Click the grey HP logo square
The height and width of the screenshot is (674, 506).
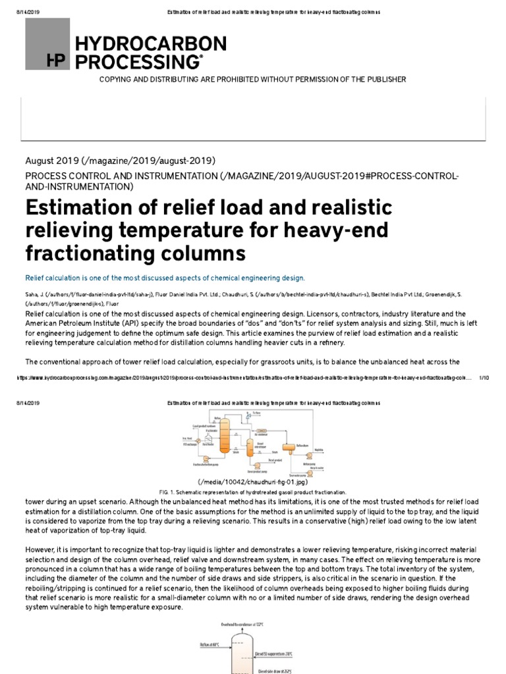(47, 44)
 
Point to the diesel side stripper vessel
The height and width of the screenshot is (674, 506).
(250, 450)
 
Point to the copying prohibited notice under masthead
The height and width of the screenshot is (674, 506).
(252, 80)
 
